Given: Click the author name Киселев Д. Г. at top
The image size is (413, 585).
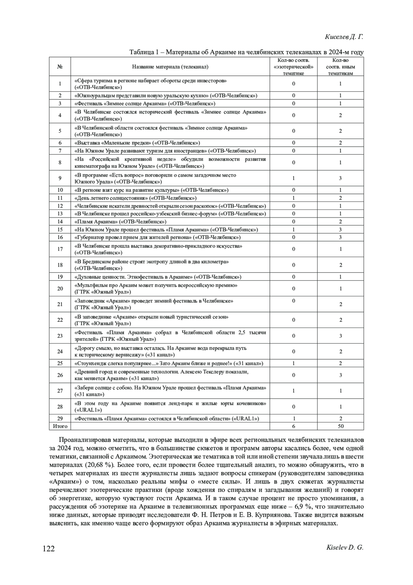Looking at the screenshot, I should pos(344,37).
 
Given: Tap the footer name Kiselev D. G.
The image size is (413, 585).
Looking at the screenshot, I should pos(344,547).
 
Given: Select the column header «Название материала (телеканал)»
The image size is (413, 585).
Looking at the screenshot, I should pos(170,66).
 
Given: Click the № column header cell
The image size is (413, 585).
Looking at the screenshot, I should pos(60,66).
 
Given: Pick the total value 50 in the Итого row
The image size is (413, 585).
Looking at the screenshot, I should pos(340,426).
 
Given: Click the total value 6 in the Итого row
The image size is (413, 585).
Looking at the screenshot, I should pos(294,426).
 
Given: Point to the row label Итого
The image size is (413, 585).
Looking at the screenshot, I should pos(60,426).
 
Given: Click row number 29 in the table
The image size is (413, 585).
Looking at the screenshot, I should pos(60,418).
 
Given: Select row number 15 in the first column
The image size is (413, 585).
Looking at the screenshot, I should pos(60,229).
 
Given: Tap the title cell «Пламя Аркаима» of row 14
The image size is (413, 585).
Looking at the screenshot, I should pos(120,222).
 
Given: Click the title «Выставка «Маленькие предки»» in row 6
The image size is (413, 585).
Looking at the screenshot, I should pos(137,143).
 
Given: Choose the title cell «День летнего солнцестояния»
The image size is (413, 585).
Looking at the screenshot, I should pos(136,198).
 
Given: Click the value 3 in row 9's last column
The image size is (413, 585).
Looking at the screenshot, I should pos(340,178).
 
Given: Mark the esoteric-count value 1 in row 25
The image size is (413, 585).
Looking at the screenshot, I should pos(294,363).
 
